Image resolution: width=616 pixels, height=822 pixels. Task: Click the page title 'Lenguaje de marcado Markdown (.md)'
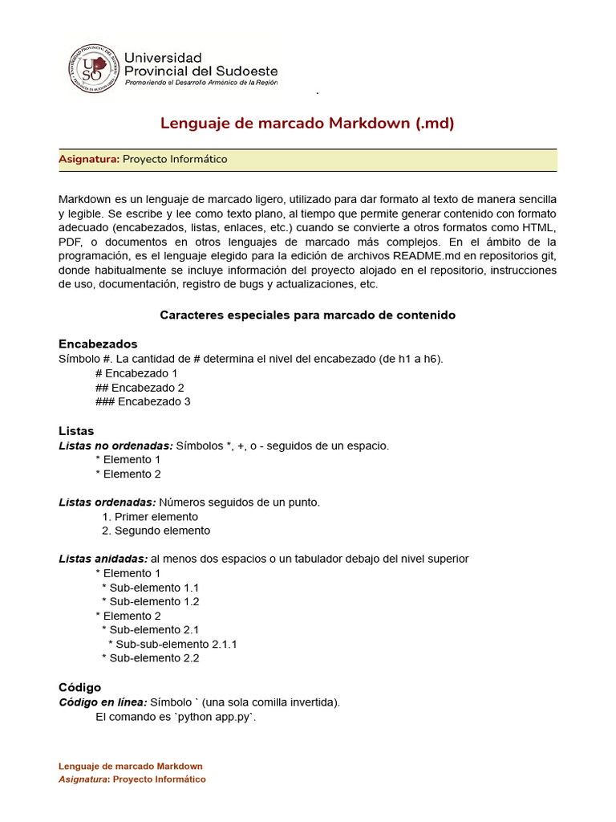point(307,123)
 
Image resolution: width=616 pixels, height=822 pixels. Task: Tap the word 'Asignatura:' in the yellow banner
point(89,159)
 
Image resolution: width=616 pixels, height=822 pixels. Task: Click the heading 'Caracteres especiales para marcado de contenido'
point(307,315)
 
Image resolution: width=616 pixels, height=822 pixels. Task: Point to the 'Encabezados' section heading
point(98,344)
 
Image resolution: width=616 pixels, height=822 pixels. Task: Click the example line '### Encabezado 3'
point(143,401)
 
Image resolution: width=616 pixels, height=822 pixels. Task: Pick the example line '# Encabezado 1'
point(136,373)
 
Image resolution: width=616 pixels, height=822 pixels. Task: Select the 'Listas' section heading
point(76,431)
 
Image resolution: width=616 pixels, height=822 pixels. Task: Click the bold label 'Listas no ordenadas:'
point(115,446)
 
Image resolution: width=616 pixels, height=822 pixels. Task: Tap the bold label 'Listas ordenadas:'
point(107,503)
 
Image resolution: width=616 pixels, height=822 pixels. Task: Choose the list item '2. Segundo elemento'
point(156,531)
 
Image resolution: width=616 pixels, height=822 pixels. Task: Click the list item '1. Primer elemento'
point(150,517)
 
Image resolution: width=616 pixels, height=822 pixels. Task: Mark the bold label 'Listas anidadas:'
point(103,559)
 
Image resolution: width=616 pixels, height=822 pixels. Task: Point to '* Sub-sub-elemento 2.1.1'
point(172,644)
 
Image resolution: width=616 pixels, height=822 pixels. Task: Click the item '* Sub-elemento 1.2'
point(150,601)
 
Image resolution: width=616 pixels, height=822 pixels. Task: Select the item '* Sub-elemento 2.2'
point(150,658)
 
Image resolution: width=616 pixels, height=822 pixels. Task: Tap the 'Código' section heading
point(79,687)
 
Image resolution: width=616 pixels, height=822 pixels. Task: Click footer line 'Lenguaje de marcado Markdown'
point(131,767)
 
